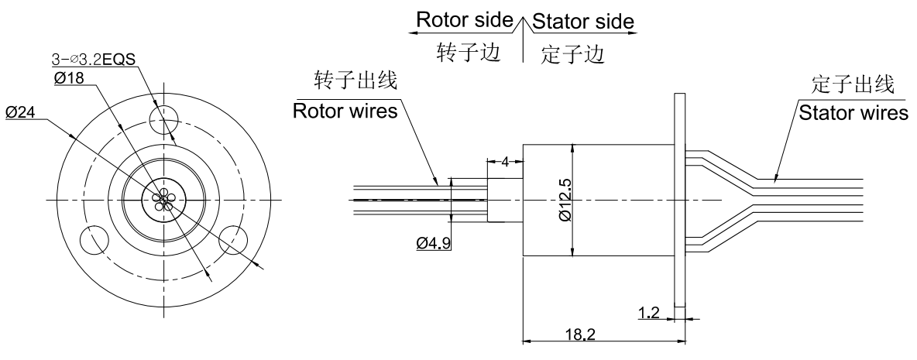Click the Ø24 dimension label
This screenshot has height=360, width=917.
click(x=21, y=113)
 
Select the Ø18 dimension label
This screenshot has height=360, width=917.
click(x=70, y=78)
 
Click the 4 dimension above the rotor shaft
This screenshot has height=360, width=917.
click(x=504, y=163)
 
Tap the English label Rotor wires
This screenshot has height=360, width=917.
click(x=345, y=111)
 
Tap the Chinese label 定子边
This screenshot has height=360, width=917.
click(x=572, y=55)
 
